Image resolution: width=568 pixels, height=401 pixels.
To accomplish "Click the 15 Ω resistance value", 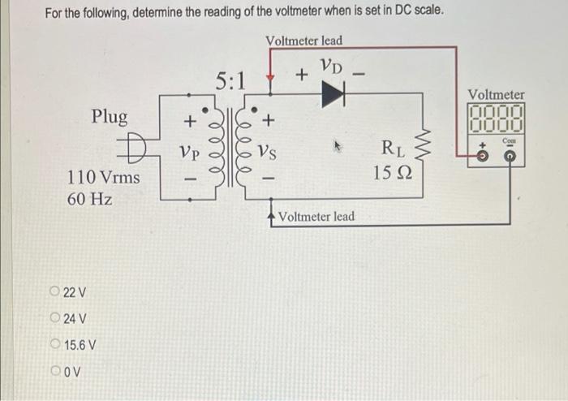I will pos(394,173).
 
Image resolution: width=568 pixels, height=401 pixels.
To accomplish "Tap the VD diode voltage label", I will pos(329,67).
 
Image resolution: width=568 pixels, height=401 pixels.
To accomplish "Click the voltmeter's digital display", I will pos(496,121).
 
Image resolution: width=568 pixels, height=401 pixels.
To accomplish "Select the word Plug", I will pos(109,117).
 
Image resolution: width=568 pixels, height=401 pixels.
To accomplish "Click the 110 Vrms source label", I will pos(103,175).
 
